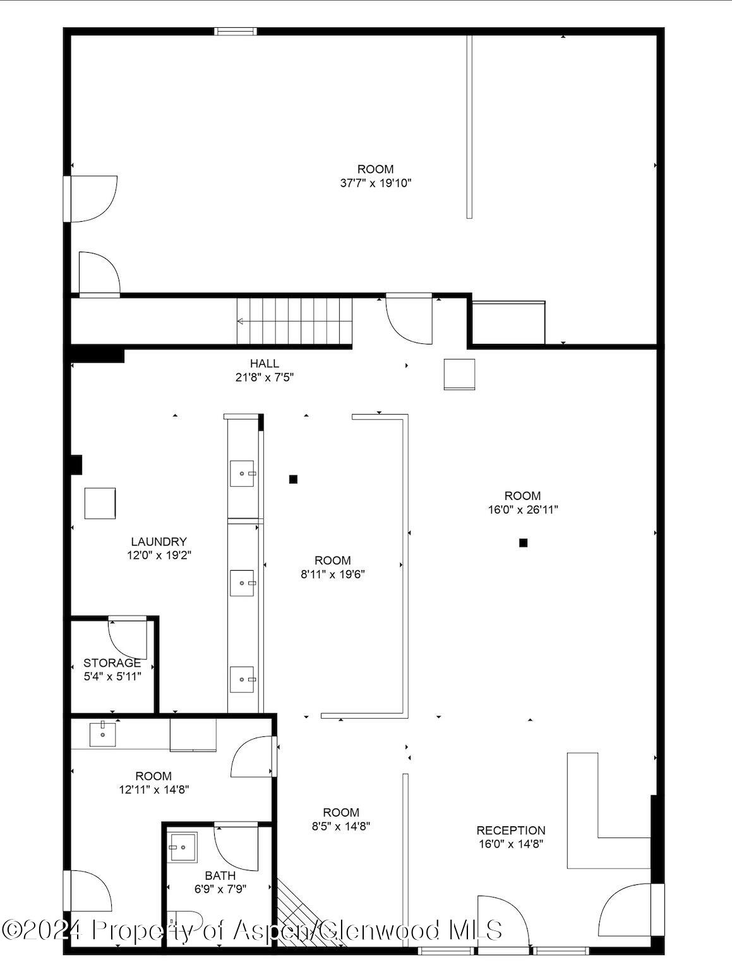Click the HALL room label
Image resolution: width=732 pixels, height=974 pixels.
[x=264, y=363]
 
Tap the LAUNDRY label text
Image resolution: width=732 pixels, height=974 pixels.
[x=159, y=542]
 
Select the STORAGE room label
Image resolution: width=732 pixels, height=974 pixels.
[x=112, y=663]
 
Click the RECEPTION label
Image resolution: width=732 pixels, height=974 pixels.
[x=510, y=831]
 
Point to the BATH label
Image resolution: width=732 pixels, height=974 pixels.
[x=220, y=875]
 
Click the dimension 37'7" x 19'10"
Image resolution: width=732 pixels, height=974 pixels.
[x=375, y=183]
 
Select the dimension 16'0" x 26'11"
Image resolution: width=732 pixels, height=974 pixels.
[x=522, y=510]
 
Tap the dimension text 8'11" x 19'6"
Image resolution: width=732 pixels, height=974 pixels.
[x=332, y=575]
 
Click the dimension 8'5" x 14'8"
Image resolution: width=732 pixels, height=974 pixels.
[x=341, y=826]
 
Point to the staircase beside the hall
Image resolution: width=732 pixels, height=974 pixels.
[x=294, y=321]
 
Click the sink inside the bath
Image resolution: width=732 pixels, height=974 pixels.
[x=183, y=847]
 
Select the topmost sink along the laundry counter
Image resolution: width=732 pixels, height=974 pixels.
[x=243, y=473]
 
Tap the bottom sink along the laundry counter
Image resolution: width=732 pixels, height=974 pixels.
[x=243, y=679]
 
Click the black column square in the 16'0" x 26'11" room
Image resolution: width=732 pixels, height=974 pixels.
[x=523, y=542]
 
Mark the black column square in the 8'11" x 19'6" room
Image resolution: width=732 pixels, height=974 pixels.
[x=293, y=479]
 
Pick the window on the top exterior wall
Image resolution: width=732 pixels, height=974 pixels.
[x=235, y=31]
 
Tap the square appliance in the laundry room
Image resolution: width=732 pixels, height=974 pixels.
[x=100, y=503]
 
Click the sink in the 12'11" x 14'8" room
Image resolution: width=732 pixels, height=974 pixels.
[x=102, y=734]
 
